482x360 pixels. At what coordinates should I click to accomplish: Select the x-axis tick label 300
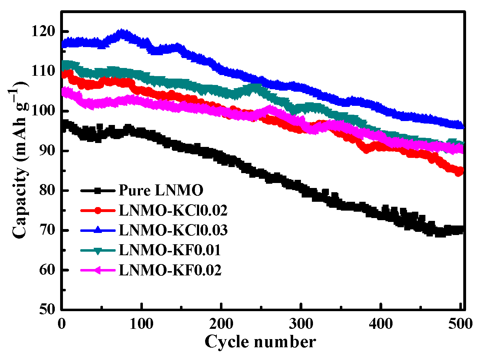tap(301, 324)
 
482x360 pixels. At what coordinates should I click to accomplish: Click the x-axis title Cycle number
tap(260, 342)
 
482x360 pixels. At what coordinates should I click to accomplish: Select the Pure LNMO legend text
tap(161, 190)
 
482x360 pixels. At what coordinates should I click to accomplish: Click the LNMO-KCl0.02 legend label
tap(173, 211)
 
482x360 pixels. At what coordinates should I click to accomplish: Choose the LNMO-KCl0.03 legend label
tap(173, 230)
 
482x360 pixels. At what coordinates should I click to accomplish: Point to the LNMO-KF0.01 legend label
tap(170, 250)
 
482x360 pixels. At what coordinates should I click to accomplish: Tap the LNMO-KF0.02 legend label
tap(170, 270)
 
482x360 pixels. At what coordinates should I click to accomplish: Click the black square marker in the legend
tap(98, 191)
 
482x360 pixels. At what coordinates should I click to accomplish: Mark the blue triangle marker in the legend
tap(98, 230)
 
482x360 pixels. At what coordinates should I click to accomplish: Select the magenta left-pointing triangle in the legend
tap(98, 270)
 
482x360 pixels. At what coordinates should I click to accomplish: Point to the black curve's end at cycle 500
tap(460, 229)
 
